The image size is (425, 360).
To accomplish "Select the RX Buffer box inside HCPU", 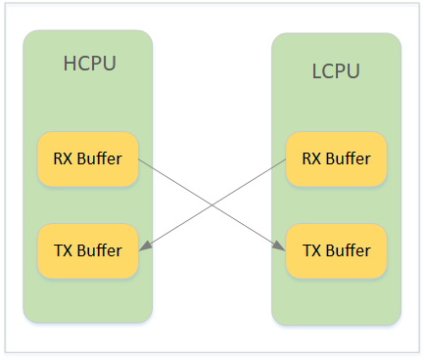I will click(88, 157).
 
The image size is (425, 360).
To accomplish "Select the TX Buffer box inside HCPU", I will click(88, 250).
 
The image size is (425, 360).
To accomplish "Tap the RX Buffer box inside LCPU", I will click(336, 157).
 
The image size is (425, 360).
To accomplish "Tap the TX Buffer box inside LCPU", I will click(336, 250).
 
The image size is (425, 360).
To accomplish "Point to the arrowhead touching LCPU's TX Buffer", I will click(282, 248).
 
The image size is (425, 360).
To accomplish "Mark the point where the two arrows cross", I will click(212, 203).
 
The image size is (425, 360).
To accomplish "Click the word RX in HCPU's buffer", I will click(61, 157).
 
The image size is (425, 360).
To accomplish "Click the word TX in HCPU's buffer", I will click(61, 250).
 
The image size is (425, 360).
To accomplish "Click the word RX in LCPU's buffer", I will click(309, 157).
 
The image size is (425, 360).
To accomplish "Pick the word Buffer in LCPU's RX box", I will click(348, 157).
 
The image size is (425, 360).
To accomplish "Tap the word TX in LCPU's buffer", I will click(309, 250).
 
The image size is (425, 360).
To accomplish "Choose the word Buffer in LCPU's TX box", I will click(348, 250).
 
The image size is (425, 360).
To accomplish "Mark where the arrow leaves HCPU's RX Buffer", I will click(139, 158).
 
